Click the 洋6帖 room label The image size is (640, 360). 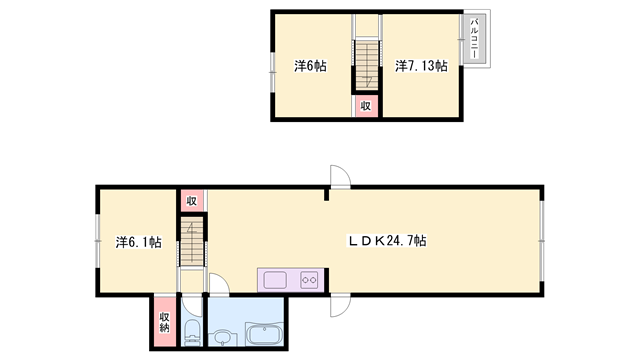[x=310, y=66]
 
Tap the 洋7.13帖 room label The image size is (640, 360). [x=421, y=66]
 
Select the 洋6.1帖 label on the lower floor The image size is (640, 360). [x=138, y=242]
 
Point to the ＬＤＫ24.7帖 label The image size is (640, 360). [x=387, y=241]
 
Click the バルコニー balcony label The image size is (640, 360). [x=474, y=38]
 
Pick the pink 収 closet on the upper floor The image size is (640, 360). [x=366, y=106]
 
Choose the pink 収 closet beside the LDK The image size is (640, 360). [x=191, y=201]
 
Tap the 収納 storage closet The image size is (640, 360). [x=164, y=322]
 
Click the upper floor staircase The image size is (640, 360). [x=367, y=65]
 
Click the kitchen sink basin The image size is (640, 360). [x=275, y=280]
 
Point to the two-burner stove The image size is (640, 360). [x=309, y=280]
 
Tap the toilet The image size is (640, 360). [x=191, y=333]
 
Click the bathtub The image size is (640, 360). [x=264, y=334]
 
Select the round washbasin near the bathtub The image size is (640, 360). [x=223, y=336]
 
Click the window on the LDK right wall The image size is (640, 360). [x=542, y=241]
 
